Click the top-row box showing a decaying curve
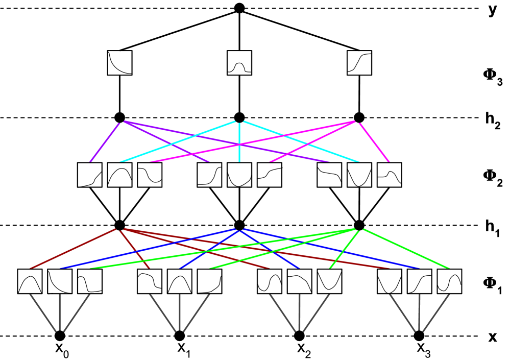coord(119,63)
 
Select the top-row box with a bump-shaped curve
coord(239,63)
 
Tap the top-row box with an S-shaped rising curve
coord(359,63)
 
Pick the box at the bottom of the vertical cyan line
coord(239,175)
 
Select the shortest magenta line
coord(374,142)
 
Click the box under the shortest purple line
coord(90,175)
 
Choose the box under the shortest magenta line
coord(390,175)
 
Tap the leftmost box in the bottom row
coord(30,281)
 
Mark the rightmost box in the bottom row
coord(449,281)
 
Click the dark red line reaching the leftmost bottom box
coord(72,249)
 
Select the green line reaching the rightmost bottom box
coord(406,249)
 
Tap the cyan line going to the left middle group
coord(178,141)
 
